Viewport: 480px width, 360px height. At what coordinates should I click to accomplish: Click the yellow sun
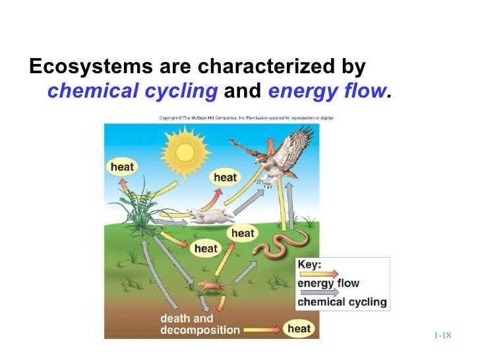tap(185, 152)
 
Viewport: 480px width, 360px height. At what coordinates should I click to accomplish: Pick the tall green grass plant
tap(135, 204)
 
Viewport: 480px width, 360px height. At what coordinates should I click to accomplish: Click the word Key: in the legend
tap(310, 265)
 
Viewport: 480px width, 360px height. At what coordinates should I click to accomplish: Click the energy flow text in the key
tap(329, 284)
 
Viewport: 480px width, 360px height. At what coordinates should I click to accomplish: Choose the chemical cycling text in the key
tap(342, 303)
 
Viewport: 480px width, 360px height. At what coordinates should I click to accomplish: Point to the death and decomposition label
tap(200, 324)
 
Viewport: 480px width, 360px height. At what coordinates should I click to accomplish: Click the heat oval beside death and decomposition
tap(299, 328)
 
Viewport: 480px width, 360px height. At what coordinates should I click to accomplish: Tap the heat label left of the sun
tap(122, 167)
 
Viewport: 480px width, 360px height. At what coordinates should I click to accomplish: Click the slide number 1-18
tap(442, 336)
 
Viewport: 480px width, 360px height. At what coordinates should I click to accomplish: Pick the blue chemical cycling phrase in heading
tap(133, 91)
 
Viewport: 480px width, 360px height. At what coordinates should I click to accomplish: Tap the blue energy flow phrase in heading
tap(330, 91)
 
